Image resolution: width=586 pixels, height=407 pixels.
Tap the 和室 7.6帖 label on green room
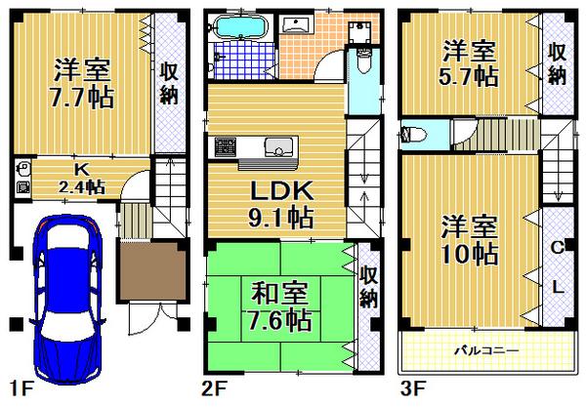(x=278, y=305)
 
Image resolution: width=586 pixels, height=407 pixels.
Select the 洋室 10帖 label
(x=467, y=239)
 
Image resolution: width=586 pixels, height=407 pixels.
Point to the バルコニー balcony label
(x=485, y=348)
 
